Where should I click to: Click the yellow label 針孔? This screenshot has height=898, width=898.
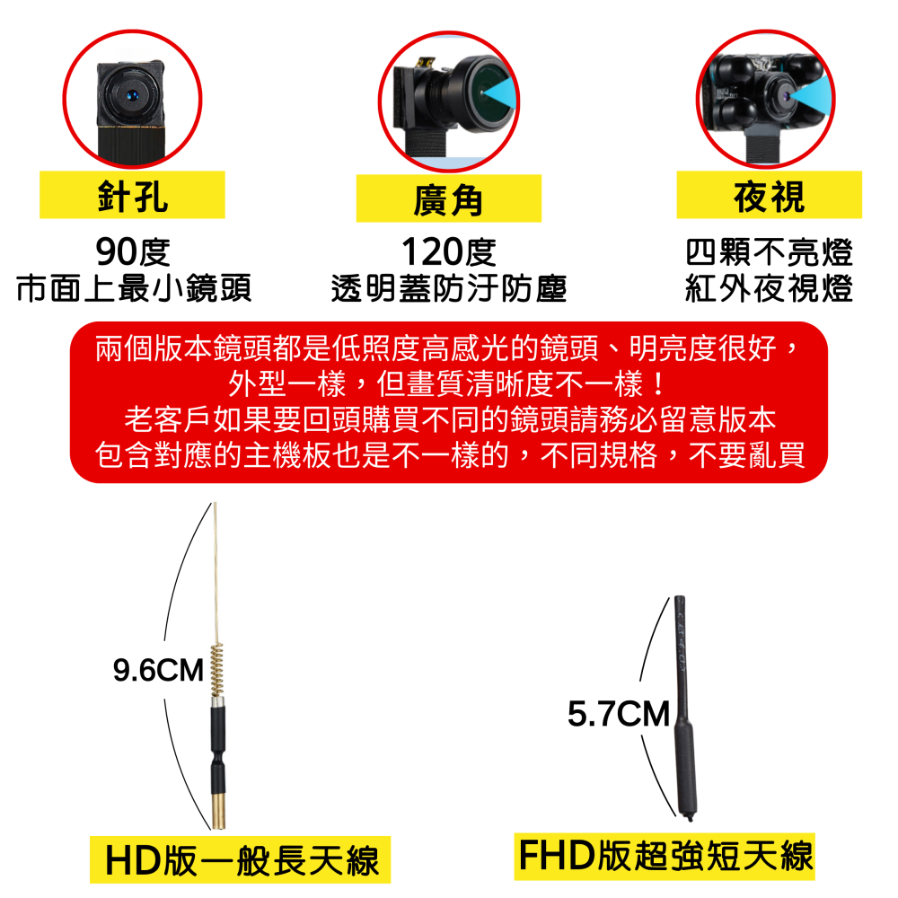click(x=132, y=195)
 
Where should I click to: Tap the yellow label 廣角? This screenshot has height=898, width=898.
click(x=449, y=198)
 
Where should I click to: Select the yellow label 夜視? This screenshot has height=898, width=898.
click(x=769, y=195)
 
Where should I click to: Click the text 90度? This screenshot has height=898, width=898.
click(x=133, y=252)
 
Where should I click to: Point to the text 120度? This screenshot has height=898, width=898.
click(x=448, y=252)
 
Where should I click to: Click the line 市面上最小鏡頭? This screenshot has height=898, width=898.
click(x=133, y=289)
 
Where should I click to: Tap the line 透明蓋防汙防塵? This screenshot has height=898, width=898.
click(x=448, y=289)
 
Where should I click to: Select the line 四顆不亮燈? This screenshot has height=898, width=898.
click(x=769, y=252)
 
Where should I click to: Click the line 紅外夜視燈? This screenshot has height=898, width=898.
click(x=769, y=289)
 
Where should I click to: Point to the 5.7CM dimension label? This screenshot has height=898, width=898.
click(x=619, y=716)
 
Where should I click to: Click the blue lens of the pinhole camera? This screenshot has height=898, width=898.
click(x=132, y=93)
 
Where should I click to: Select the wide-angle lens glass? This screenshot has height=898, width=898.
click(x=490, y=87)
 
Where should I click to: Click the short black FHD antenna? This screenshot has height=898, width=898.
click(x=684, y=709)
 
